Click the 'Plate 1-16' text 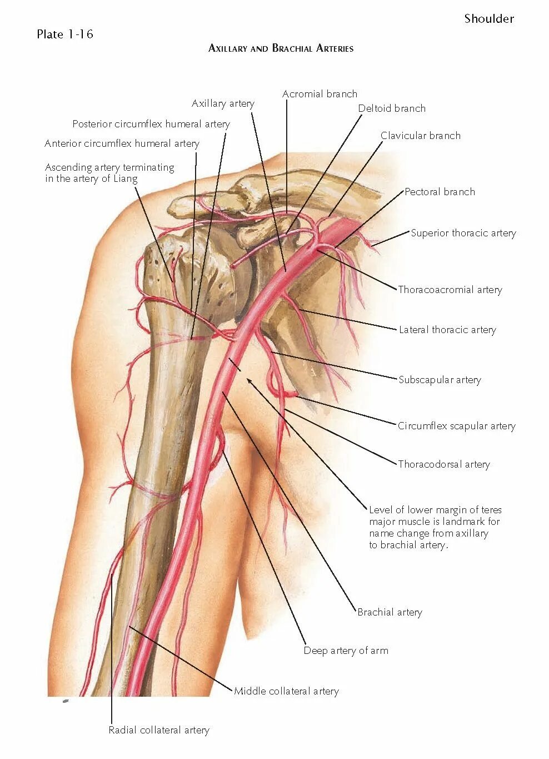[x=64, y=34]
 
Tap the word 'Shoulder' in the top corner [x=489, y=19]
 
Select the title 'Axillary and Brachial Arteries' [x=281, y=48]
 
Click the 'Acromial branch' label [x=320, y=94]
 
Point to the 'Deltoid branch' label [x=392, y=108]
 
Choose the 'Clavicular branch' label [x=420, y=136]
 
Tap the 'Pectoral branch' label [x=440, y=192]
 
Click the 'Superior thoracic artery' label [x=463, y=233]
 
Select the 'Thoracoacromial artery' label [x=450, y=290]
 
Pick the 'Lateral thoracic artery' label [x=447, y=330]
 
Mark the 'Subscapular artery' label [x=440, y=380]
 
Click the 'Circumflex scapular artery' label [x=456, y=426]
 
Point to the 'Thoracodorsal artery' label [x=443, y=464]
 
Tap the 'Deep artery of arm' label [x=346, y=651]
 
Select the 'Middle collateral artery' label [x=286, y=691]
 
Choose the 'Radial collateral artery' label [x=159, y=730]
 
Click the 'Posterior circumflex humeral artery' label [x=151, y=124]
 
